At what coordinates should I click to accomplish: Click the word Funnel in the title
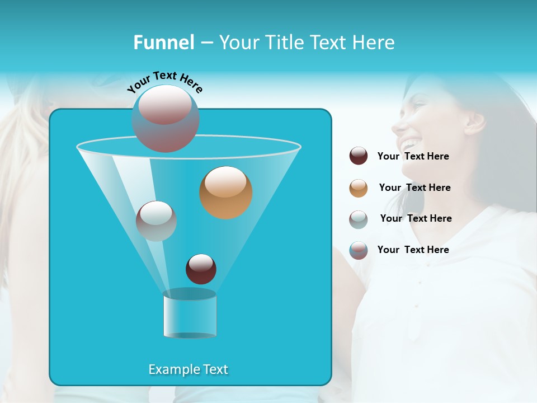163,43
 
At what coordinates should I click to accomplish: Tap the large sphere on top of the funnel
165,118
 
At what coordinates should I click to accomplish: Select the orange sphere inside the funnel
225,193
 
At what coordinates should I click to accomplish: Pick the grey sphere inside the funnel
156,221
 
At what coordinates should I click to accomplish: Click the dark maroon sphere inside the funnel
201,269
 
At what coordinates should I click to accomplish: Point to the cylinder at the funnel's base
190,314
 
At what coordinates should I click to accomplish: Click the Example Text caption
188,369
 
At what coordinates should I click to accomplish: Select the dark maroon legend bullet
359,156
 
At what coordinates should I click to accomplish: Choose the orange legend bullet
359,188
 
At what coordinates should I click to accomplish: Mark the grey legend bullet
359,219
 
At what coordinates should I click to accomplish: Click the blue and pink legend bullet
359,250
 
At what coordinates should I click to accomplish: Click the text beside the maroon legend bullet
413,156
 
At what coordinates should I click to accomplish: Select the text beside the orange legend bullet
414,188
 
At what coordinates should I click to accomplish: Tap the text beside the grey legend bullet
416,218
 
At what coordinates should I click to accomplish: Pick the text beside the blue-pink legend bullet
413,250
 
